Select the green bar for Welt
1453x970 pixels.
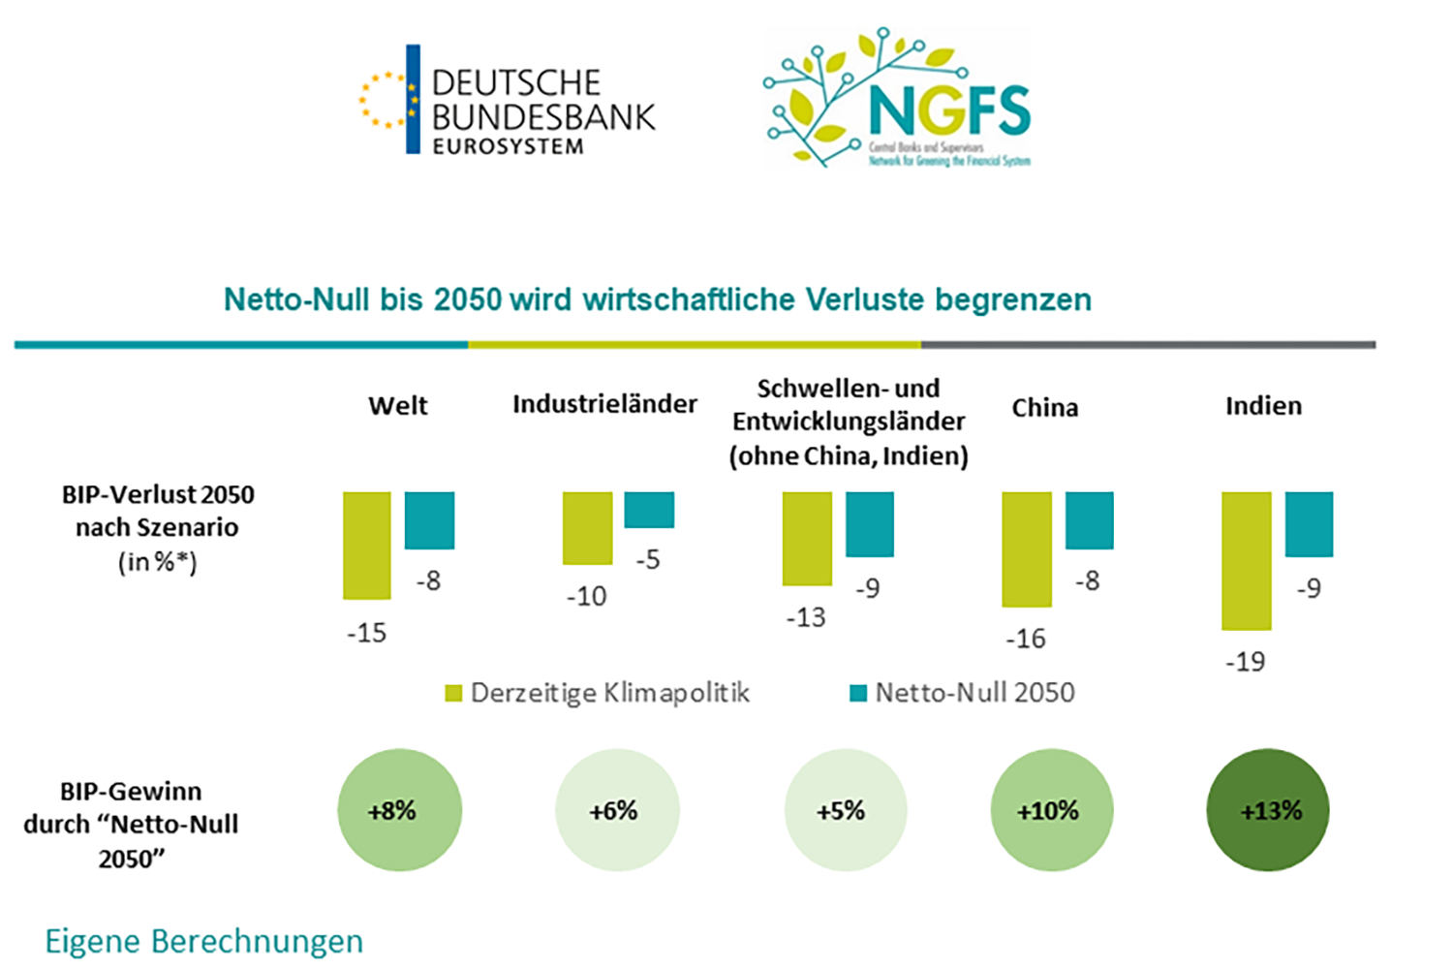(367, 546)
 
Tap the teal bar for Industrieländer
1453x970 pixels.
(649, 510)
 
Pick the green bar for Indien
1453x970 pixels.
(1246, 561)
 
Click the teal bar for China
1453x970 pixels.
(1090, 520)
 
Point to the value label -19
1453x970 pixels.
(1245, 662)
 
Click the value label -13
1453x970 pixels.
(806, 617)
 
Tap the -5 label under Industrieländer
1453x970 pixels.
(648, 559)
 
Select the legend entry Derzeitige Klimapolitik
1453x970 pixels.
(598, 693)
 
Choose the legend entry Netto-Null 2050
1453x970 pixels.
(962, 693)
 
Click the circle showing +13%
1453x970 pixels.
(1268, 810)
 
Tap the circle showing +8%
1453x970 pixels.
(399, 810)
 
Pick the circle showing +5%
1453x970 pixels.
(846, 810)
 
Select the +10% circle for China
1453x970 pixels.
(1052, 810)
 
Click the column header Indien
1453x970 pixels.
(1263, 406)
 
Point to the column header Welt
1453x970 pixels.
(397, 406)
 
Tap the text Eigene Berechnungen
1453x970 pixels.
(204, 941)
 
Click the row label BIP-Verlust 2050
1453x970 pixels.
(158, 495)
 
